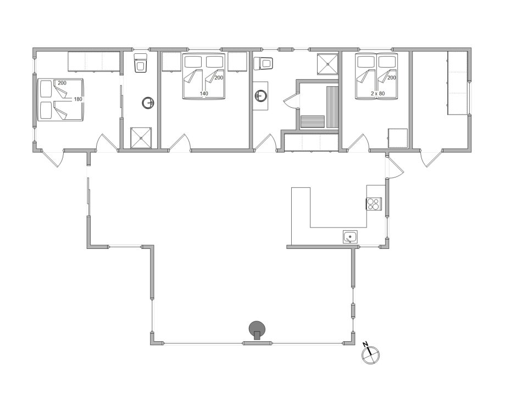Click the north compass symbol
[x=370, y=354]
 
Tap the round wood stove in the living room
[x=257, y=330]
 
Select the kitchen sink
[x=351, y=237]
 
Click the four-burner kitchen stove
[x=374, y=204]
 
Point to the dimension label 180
[x=78, y=99]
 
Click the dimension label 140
[x=204, y=93]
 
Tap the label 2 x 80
[x=377, y=93]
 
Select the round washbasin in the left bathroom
[x=148, y=103]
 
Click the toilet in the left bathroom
[x=141, y=63]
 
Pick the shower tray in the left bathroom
[x=141, y=137]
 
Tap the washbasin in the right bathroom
[x=260, y=96]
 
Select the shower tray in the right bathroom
[x=328, y=64]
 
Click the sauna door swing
[x=290, y=99]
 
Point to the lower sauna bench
[x=313, y=122]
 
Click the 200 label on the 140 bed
[x=219, y=78]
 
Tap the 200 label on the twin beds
[x=391, y=78]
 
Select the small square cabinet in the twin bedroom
[x=398, y=138]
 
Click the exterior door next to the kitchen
[x=395, y=167]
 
